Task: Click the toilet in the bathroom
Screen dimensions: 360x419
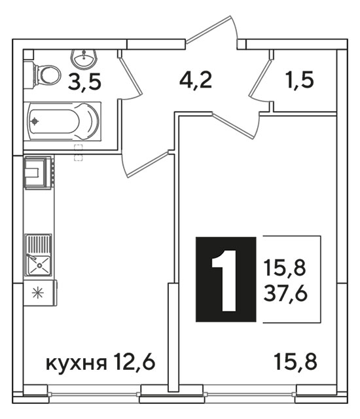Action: [43, 74]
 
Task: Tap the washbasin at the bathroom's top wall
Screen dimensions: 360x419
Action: [84, 58]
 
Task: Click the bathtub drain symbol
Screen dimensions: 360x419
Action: [35, 121]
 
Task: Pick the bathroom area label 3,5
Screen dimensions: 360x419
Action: [84, 82]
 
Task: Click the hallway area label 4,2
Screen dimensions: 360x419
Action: [196, 80]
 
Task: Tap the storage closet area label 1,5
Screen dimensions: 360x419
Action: [300, 80]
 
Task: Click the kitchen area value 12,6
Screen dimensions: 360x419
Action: [134, 361]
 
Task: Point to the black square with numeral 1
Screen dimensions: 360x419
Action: [226, 279]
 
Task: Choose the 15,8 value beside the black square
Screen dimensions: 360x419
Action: [285, 268]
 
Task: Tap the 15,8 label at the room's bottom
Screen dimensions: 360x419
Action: [296, 362]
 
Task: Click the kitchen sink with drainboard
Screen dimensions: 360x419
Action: [38, 255]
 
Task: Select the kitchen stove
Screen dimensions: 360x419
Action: [39, 173]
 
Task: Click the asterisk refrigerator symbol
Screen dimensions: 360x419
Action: [38, 293]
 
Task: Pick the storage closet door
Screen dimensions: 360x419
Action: [261, 78]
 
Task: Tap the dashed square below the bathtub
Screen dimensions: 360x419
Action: [79, 153]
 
